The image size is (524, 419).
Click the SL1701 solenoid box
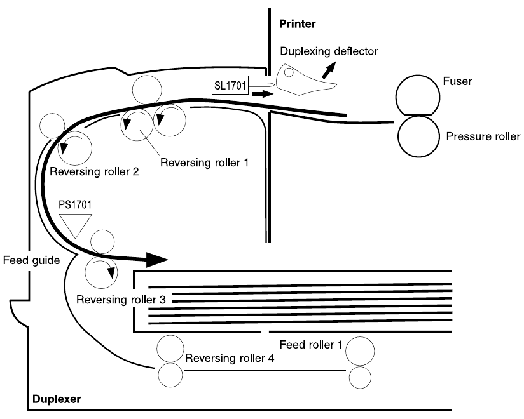pyautogui.click(x=232, y=83)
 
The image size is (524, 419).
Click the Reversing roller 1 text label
pyautogui.click(x=203, y=162)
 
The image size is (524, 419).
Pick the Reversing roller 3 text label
pyautogui.click(x=119, y=299)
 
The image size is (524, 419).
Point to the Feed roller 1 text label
pyautogui.click(x=312, y=345)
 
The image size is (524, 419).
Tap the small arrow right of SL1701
pyautogui.click(x=261, y=94)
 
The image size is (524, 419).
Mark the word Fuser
pyautogui.click(x=456, y=81)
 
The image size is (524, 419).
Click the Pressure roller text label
pyautogui.click(x=483, y=136)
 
